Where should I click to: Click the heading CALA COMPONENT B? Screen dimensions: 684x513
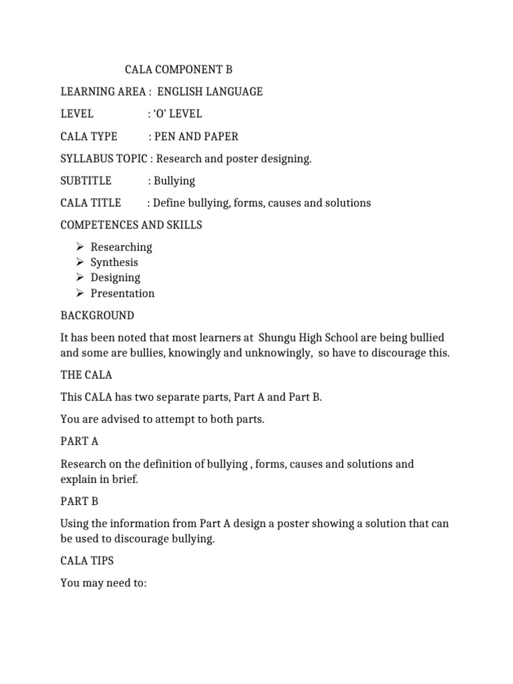click(x=179, y=69)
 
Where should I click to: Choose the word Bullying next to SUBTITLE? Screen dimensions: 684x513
click(x=174, y=180)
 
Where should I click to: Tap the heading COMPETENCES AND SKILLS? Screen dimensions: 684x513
click(x=131, y=225)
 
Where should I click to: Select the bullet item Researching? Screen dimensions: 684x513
click(x=122, y=247)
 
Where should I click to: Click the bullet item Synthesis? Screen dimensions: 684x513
click(x=114, y=263)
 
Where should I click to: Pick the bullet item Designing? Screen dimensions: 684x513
click(x=116, y=278)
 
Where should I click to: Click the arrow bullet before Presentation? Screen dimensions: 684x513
click(x=79, y=293)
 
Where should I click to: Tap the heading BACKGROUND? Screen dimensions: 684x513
click(x=97, y=315)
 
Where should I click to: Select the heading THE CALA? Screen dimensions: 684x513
click(x=86, y=375)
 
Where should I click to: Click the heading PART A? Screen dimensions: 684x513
click(x=79, y=442)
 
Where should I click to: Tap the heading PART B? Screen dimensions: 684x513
click(x=79, y=501)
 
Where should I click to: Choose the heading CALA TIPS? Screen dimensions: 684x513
click(x=87, y=560)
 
